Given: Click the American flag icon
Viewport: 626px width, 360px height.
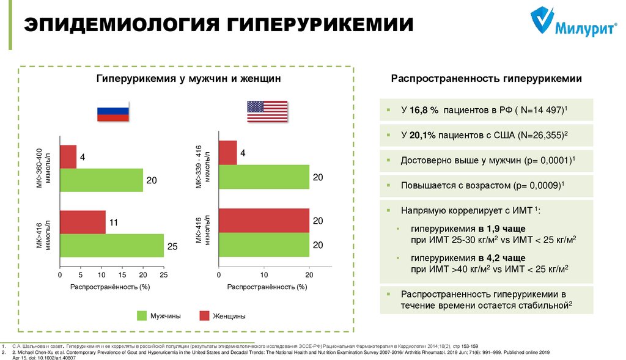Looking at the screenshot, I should point(267,111).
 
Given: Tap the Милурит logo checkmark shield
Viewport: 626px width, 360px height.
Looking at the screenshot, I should point(539,21).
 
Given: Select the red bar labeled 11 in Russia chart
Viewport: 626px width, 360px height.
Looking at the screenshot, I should point(83,222).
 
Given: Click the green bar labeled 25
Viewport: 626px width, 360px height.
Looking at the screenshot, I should point(112,246).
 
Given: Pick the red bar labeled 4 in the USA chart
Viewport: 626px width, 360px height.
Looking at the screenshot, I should point(227,153).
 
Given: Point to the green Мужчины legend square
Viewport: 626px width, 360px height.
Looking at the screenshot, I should point(141,315).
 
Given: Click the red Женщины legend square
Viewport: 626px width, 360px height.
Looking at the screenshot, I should point(204,315).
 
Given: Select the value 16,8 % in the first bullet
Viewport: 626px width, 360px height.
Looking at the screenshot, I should point(425,110).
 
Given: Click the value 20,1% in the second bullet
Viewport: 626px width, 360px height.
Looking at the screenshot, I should point(422,135).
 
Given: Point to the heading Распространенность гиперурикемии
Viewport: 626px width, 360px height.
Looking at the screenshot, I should point(487,79).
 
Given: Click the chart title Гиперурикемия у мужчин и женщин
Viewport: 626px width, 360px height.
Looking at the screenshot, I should point(188,79).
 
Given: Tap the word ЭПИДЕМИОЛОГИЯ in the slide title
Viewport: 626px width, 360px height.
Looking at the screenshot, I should point(122,26).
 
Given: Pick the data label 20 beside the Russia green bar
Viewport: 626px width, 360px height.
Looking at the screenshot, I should point(152,180).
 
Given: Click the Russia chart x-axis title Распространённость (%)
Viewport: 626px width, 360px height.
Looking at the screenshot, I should point(110,287).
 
